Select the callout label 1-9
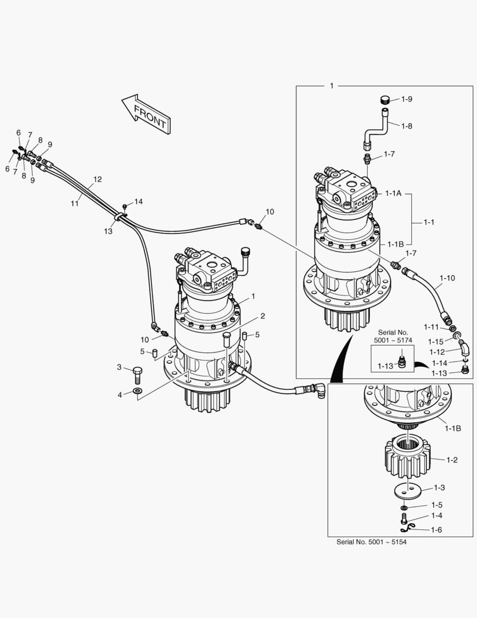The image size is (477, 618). tap(407, 99)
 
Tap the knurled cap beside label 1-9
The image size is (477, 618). tap(385, 100)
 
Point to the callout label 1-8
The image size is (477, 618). tap(407, 125)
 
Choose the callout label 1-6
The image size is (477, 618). tap(436, 530)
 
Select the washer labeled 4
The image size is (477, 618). tap(137, 392)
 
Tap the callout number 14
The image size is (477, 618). tap(139, 202)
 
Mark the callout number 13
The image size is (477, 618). tap(109, 231)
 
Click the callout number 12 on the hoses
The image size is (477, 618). tap(97, 179)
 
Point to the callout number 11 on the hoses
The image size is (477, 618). tap(75, 203)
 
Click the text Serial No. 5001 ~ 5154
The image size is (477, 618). tap(371, 542)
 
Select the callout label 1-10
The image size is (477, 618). tap(447, 278)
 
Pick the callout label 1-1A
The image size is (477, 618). tap(394, 194)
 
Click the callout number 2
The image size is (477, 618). tap(262, 315)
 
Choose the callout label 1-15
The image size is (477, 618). tap(436, 341)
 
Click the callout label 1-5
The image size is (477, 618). tap(437, 505)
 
